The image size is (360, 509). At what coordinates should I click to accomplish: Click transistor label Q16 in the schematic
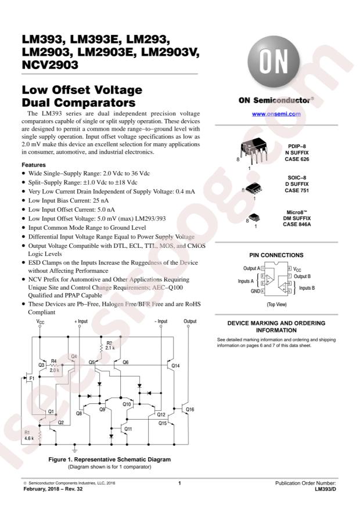[x=190, y=410]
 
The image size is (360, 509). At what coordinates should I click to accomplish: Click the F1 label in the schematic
[x=32, y=378]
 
